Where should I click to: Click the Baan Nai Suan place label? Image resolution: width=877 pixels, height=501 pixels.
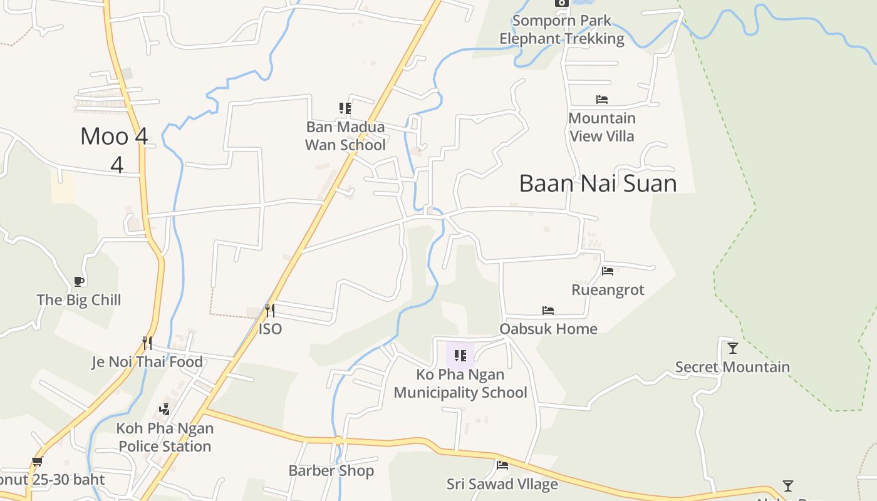click(x=598, y=183)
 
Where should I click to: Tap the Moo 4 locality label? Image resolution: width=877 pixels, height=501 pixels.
click(x=115, y=137)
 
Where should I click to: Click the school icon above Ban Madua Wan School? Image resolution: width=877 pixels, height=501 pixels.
click(x=345, y=108)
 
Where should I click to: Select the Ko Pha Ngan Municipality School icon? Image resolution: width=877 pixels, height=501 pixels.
click(x=460, y=356)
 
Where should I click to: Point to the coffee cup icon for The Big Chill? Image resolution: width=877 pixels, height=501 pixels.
click(x=78, y=281)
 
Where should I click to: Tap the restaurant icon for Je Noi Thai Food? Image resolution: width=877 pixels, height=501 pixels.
click(x=147, y=343)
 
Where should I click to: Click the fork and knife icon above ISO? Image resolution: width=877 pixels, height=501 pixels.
click(x=269, y=310)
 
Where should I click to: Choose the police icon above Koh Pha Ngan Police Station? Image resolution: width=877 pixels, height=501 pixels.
click(x=164, y=410)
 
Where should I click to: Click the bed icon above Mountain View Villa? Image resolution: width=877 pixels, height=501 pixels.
click(x=601, y=100)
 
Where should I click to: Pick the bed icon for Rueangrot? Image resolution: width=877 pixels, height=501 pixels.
click(x=607, y=271)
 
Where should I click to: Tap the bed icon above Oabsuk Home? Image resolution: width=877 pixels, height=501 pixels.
click(x=548, y=311)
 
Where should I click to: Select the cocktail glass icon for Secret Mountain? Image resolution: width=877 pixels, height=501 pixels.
click(x=732, y=348)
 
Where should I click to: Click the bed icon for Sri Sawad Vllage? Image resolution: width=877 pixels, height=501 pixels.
click(x=502, y=465)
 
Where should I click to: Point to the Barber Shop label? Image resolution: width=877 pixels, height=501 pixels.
click(x=331, y=470)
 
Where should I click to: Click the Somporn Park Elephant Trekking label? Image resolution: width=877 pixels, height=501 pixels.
click(x=561, y=29)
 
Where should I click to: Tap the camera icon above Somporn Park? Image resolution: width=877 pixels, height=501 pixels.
click(x=561, y=3)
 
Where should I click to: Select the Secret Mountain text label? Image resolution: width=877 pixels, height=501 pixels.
click(x=732, y=367)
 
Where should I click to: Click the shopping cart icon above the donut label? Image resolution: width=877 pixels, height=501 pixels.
click(x=37, y=462)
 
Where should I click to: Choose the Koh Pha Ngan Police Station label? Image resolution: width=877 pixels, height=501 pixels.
click(x=165, y=437)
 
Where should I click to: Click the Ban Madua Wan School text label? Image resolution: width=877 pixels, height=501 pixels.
click(x=345, y=136)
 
